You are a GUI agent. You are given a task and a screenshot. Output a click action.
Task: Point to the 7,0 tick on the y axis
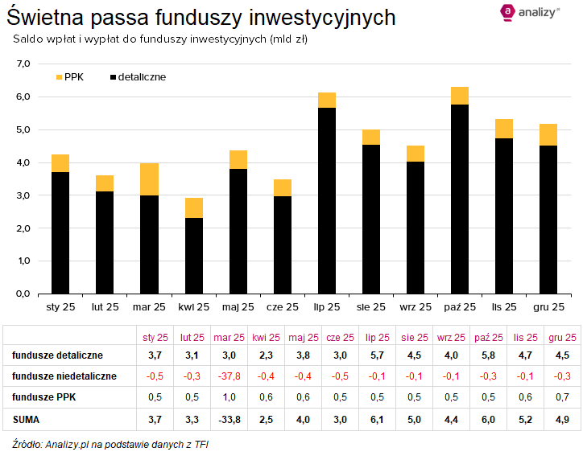point(23,64)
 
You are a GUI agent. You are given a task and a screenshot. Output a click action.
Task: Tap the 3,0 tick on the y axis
point(23,195)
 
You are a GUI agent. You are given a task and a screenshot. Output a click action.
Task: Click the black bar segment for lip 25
point(326,201)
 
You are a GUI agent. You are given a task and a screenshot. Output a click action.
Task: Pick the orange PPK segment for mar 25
point(149,179)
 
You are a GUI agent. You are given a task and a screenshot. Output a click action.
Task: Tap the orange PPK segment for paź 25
point(459,96)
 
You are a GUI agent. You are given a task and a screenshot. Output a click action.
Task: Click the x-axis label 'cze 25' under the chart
point(282,307)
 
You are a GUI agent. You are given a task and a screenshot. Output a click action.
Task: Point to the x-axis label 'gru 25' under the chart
point(548,307)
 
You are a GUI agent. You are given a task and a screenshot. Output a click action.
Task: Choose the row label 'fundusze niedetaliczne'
point(64,376)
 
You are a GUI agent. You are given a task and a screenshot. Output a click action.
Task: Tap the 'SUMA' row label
point(27,419)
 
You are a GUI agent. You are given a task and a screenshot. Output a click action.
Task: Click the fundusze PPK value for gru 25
point(560,397)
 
